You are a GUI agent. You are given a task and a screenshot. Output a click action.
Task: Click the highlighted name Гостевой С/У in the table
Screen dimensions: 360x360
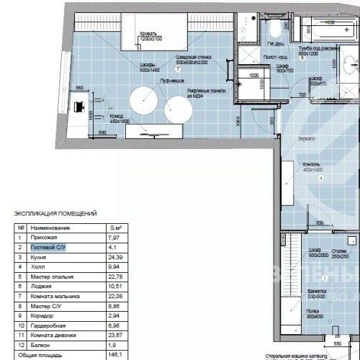(50, 246)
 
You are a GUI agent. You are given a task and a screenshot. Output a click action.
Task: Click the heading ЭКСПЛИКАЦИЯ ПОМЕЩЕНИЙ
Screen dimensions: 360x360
(55, 214)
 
